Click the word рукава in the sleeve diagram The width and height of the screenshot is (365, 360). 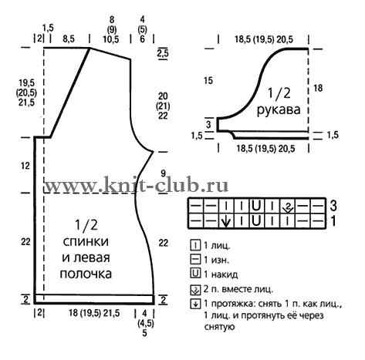279,110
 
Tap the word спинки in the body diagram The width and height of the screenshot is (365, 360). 86,241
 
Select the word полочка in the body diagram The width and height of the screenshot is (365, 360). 86,274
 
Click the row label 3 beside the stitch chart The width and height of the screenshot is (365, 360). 333,206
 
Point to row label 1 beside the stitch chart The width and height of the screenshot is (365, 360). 333,220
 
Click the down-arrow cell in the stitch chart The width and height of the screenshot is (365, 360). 225,220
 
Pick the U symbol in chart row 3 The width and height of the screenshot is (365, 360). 256,206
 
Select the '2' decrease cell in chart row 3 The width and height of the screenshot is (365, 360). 288,206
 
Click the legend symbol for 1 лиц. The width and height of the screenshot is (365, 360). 195,245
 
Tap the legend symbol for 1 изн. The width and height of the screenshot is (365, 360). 195,259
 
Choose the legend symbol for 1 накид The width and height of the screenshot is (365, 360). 195,273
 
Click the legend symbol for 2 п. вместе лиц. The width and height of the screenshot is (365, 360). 195,290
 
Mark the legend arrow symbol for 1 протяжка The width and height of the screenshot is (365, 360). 195,304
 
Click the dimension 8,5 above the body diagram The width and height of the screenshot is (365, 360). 69,39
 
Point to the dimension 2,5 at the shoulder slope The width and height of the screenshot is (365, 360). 163,53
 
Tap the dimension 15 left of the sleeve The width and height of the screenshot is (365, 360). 208,81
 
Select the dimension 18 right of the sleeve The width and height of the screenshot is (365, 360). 318,88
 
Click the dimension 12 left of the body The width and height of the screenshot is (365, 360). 25,166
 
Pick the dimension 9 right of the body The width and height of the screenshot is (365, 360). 164,173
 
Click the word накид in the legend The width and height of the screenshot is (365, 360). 225,274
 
